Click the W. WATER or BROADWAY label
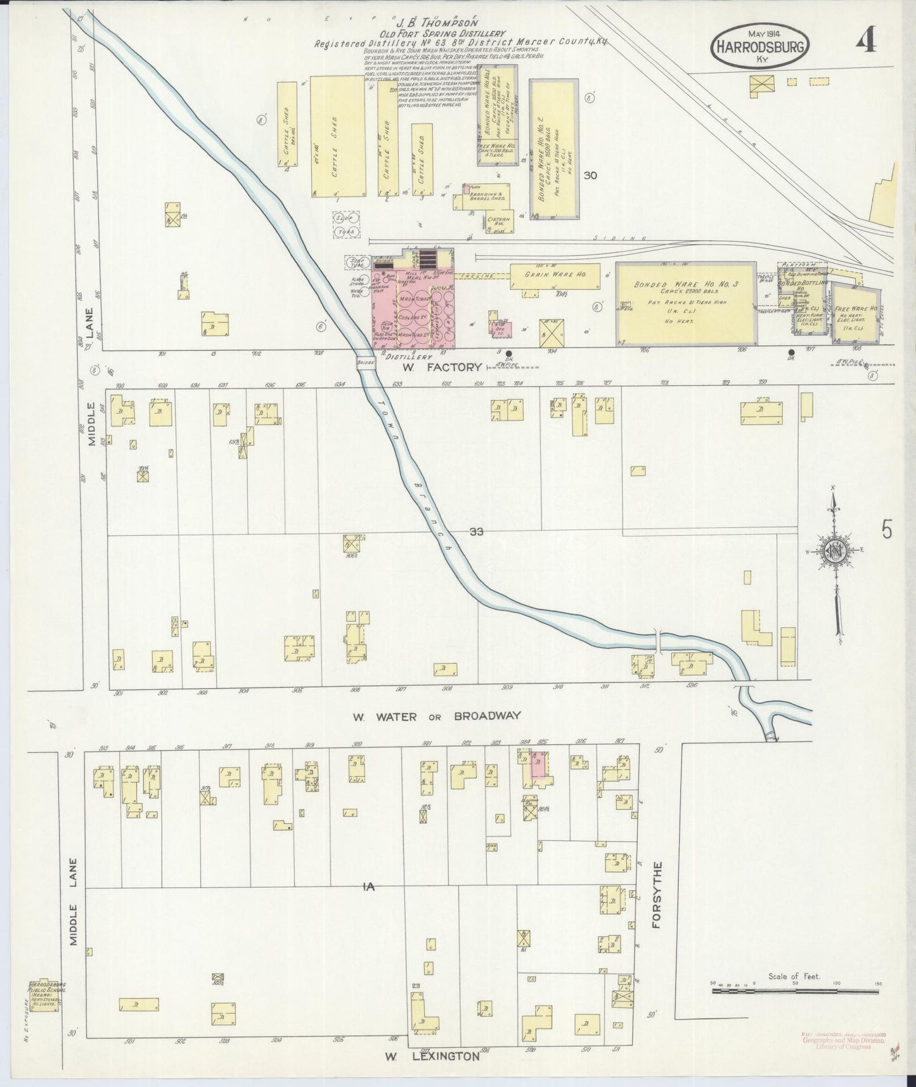pos(437,716)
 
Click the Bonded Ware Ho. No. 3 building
pos(687,304)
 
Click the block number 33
pos(477,531)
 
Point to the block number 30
pos(590,176)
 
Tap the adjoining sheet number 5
pos(886,529)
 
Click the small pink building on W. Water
pos(538,766)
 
